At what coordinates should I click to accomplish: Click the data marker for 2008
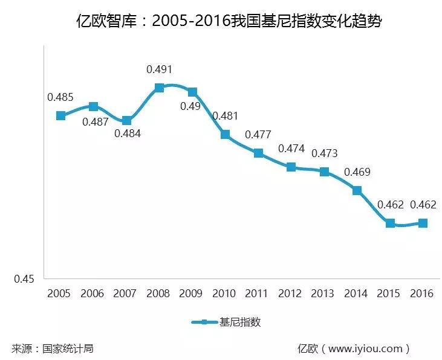click(x=159, y=88)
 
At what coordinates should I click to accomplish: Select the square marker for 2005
click(x=60, y=115)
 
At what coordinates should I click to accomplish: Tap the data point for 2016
click(x=423, y=223)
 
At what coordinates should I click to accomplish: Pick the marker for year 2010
click(x=225, y=134)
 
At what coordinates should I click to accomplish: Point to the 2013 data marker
click(x=324, y=172)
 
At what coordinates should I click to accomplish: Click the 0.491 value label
click(x=159, y=69)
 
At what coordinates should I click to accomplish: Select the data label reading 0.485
click(x=60, y=97)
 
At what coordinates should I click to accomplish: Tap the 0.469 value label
click(x=357, y=172)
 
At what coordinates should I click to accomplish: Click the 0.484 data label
click(x=127, y=133)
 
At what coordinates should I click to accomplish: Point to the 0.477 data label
click(x=258, y=135)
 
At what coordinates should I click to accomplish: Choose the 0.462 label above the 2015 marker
click(x=390, y=205)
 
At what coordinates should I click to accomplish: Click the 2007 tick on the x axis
click(x=126, y=294)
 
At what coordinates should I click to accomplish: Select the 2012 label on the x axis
click(x=291, y=294)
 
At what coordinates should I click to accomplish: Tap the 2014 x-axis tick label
click(x=357, y=294)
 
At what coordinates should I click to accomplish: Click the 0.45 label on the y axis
click(x=25, y=279)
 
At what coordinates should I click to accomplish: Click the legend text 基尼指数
click(x=241, y=322)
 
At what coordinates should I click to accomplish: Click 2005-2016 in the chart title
click(x=192, y=22)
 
